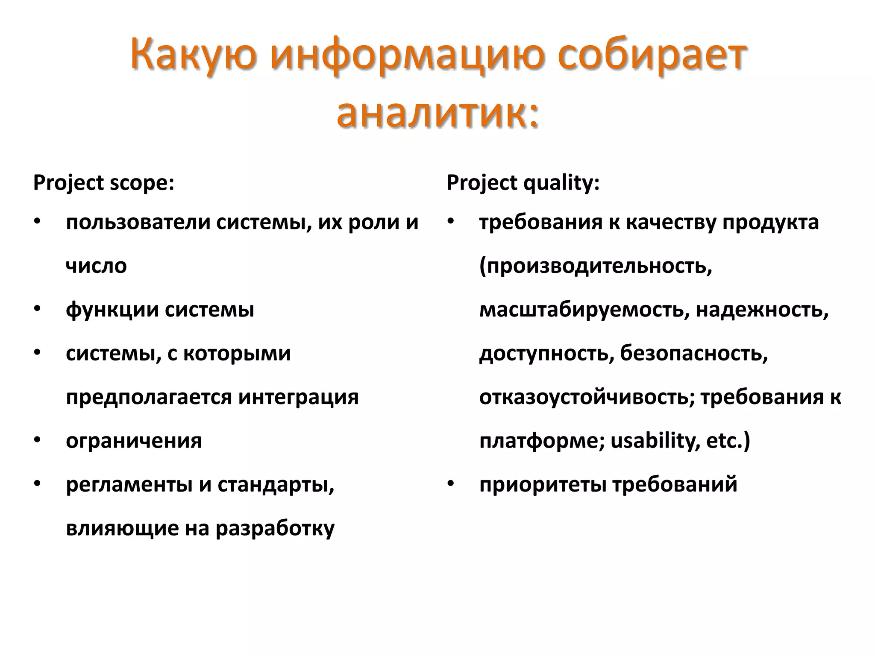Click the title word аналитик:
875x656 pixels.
click(437, 114)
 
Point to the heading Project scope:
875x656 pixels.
click(104, 183)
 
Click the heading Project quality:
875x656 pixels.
click(523, 183)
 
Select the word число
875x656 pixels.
click(97, 266)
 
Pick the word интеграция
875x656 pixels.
click(298, 397)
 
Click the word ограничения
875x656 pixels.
click(134, 441)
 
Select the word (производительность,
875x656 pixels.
click(596, 266)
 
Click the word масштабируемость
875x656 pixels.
click(584, 310)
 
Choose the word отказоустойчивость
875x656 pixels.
click(587, 397)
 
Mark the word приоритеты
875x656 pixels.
click(543, 485)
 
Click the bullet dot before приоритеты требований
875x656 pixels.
click(450, 483)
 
